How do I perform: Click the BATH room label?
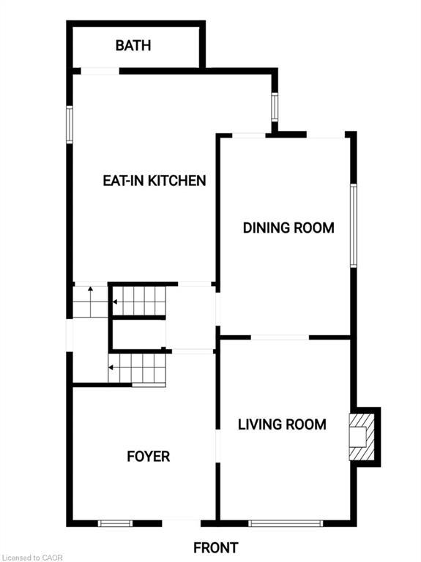(x=133, y=45)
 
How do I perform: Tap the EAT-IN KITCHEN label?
(x=154, y=180)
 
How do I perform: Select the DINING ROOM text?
(x=288, y=228)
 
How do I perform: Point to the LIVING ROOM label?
(x=282, y=424)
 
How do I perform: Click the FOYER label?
(x=149, y=457)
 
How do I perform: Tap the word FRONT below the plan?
(x=215, y=547)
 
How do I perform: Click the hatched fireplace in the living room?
(x=362, y=437)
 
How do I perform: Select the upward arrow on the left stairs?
(x=90, y=301)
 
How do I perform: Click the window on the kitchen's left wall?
(x=70, y=124)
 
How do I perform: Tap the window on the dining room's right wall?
(x=354, y=225)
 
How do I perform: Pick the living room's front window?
(x=286, y=523)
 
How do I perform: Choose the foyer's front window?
(x=115, y=523)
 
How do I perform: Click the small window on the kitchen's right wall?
(x=275, y=107)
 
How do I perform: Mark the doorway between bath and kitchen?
(x=100, y=71)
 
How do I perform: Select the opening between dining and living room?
(x=280, y=337)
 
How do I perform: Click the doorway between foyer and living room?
(x=217, y=446)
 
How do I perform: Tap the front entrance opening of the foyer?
(x=181, y=523)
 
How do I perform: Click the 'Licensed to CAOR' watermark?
(x=32, y=558)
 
